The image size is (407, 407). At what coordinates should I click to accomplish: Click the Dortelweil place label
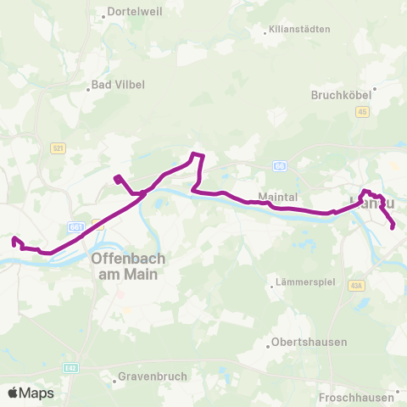coord(134,14)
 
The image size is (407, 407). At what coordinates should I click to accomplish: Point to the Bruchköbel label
coord(343,95)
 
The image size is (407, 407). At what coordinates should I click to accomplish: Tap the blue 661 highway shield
coord(76,226)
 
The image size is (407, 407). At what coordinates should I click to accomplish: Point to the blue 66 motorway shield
coord(279,166)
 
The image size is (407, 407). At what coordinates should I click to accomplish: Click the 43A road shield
coord(355,285)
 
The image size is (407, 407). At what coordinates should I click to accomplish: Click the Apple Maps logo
coord(31,393)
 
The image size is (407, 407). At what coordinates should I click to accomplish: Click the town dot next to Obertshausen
coord(265,343)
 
